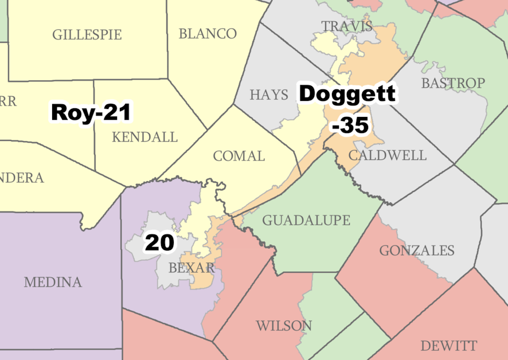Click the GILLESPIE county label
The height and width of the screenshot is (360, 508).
point(87,35)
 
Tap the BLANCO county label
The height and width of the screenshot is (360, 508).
point(208,34)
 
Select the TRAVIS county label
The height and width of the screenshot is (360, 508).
point(346,26)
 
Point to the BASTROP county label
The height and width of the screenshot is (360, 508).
point(453,83)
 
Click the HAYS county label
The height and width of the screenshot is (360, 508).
point(269,95)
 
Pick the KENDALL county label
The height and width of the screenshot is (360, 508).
point(144,138)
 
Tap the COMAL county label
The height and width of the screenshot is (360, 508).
point(239,156)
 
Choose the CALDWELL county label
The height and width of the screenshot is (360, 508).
point(388,155)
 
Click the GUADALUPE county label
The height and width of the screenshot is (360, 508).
point(306,220)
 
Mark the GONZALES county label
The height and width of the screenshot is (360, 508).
point(417,251)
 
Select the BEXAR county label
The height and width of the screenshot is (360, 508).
point(192,268)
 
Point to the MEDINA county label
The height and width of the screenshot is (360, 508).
point(53,282)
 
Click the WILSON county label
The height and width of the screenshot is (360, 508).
point(284,326)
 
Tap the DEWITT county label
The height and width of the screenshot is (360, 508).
point(448,346)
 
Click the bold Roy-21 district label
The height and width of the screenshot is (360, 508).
point(91,112)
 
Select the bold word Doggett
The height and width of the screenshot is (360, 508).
point(347,93)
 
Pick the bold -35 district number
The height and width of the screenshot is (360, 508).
point(350,126)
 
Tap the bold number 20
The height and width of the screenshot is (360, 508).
point(159,243)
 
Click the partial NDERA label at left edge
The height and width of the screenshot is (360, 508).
point(22,178)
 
